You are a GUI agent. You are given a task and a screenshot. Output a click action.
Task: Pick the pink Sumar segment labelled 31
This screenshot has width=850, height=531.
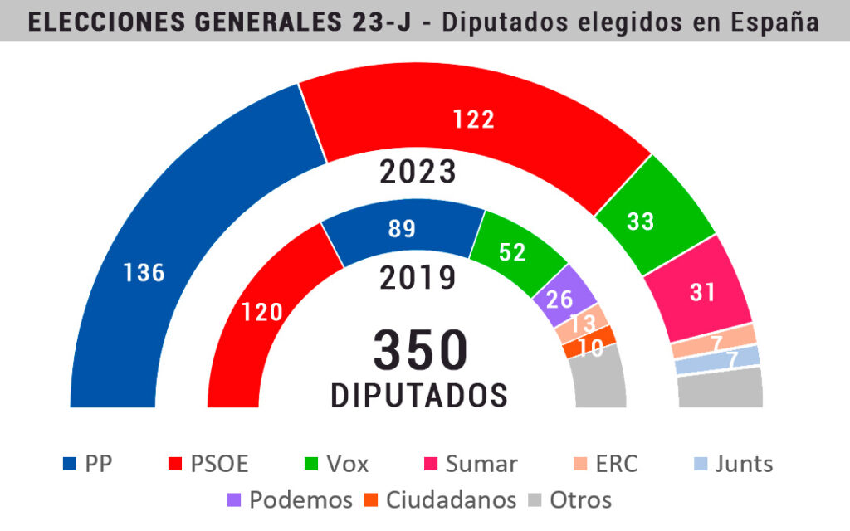click(702, 290)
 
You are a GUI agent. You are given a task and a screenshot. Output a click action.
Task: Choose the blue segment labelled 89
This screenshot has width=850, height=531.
click(403, 231)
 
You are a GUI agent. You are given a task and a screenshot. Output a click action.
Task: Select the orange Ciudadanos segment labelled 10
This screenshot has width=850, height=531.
click(589, 342)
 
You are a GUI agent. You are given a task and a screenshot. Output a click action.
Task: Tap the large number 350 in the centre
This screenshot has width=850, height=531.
click(419, 349)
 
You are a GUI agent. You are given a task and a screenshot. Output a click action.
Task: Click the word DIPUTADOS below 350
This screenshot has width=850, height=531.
click(419, 396)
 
